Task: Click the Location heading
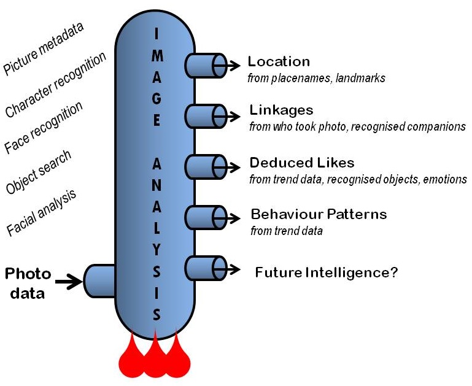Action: pyautogui.click(x=279, y=61)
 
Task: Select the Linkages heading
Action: pyautogui.click(x=281, y=110)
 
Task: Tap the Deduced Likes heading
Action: pyautogui.click(x=301, y=163)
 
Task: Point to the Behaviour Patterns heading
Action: pyautogui.click(x=319, y=215)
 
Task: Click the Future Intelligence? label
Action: pyautogui.click(x=327, y=272)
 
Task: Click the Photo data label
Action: pyautogui.click(x=27, y=283)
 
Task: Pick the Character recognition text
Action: pyautogui.click(x=55, y=85)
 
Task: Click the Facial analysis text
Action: pyautogui.click(x=41, y=212)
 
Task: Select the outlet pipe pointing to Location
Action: pyautogui.click(x=205, y=66)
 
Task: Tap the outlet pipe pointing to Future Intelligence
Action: pyautogui.click(x=205, y=269)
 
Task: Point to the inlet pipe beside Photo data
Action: pyautogui.click(x=98, y=282)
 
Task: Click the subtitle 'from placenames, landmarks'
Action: pyautogui.click(x=316, y=78)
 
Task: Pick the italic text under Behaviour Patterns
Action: pyautogui.click(x=287, y=231)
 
